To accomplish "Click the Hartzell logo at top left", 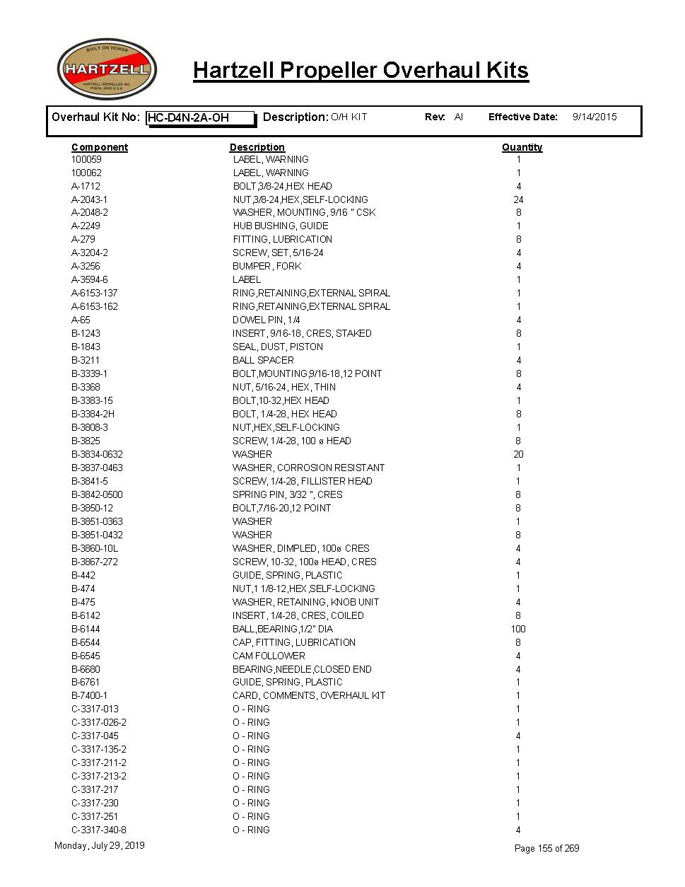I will [x=107, y=69].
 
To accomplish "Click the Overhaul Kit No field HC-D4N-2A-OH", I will [x=200, y=118].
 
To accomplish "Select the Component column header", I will [x=100, y=147].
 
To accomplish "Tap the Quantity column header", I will [x=522, y=147].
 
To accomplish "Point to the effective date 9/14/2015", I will [x=594, y=117].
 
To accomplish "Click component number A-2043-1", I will [x=90, y=199].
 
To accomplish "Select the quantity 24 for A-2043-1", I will [x=518, y=199].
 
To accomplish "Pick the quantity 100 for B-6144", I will [x=518, y=629].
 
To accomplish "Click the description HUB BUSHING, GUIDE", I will [x=281, y=226].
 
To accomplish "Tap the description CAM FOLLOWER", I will [x=269, y=656].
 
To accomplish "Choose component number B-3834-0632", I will [x=97, y=454].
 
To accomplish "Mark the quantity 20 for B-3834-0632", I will [x=518, y=454].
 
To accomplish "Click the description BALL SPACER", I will [x=263, y=360].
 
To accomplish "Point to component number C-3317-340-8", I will [x=99, y=830].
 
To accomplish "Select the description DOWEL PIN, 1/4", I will [x=266, y=320].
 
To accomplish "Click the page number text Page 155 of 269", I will [x=546, y=848].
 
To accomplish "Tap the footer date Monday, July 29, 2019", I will [x=100, y=845].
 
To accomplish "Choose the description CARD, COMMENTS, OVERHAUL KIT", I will [x=309, y=695].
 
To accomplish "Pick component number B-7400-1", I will [x=90, y=695].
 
